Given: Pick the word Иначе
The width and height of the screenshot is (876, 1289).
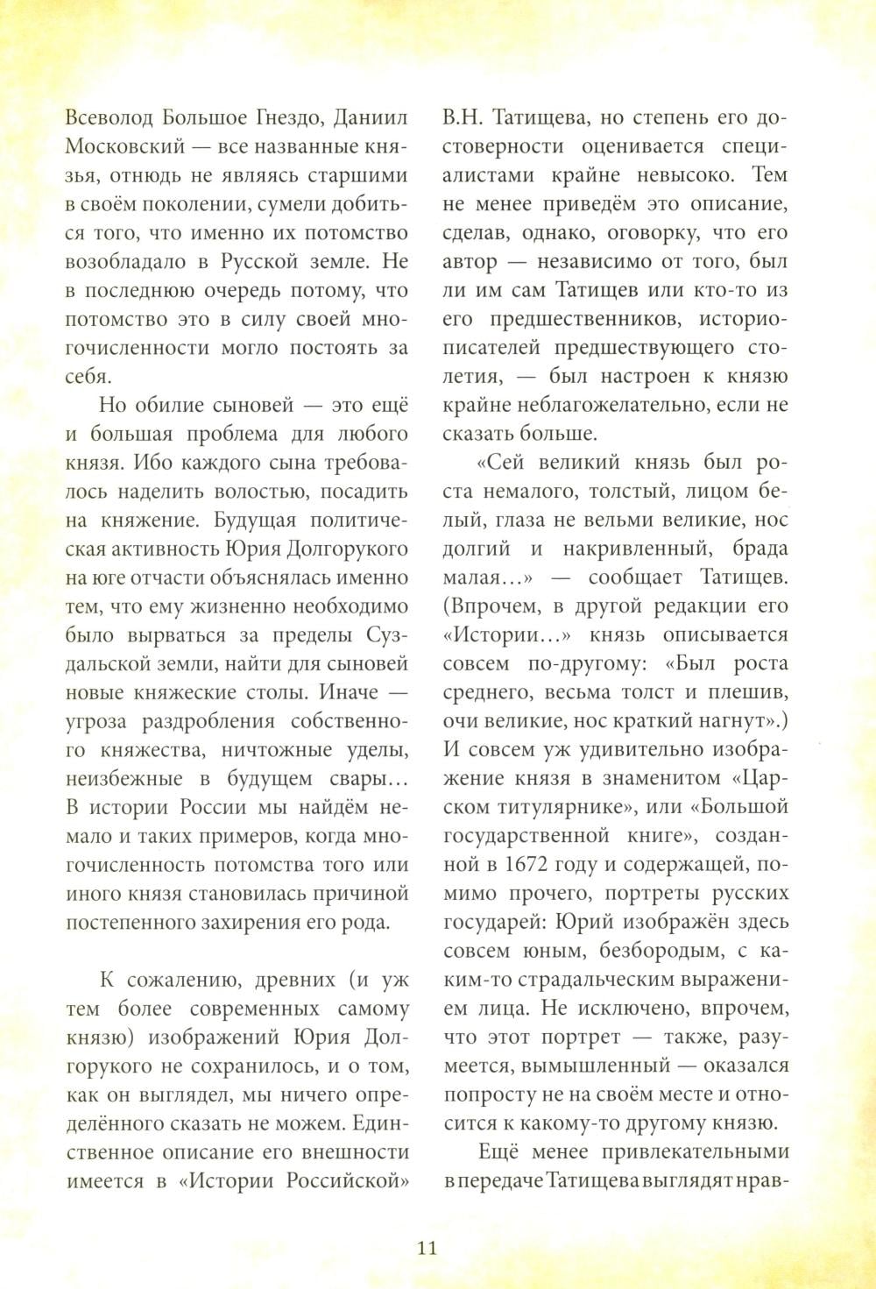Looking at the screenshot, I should pyautogui.click(x=350, y=692).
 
